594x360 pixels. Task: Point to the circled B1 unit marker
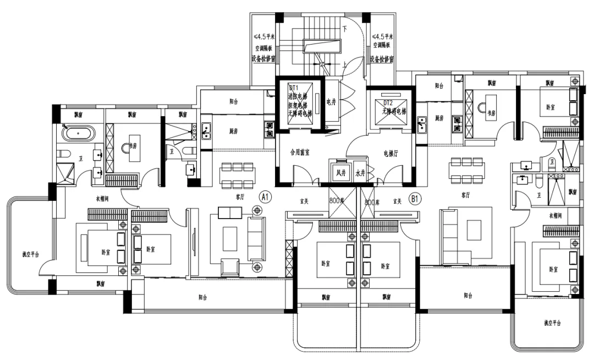tap(416, 197)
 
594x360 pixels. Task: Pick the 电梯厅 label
tap(391, 154)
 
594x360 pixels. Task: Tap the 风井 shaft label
tap(340, 172)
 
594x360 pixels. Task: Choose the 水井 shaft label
tap(360, 172)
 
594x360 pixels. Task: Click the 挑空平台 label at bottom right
tap(552, 323)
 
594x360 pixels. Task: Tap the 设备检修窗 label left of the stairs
tap(263, 58)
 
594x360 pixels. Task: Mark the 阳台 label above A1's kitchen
tap(234, 102)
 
